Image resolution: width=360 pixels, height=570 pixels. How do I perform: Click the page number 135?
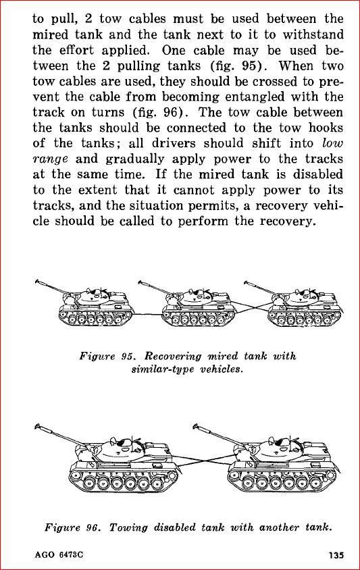click(336, 555)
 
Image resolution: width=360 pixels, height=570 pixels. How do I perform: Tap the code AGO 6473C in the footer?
click(59, 555)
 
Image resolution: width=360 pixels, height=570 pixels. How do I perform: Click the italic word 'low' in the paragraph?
click(332, 143)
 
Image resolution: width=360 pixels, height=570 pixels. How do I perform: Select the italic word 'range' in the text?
click(50, 159)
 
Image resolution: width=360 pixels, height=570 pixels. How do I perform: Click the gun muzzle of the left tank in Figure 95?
click(37, 282)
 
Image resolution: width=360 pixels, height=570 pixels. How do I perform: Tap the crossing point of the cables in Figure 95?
click(252, 308)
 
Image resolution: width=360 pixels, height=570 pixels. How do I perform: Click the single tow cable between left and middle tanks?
click(148, 314)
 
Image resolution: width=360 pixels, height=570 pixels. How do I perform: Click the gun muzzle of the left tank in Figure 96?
click(37, 426)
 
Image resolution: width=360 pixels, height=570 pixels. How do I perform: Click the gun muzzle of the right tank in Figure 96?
click(196, 426)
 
